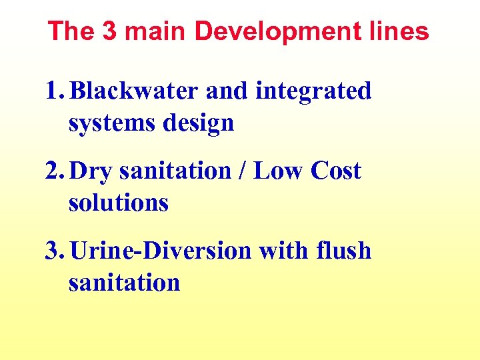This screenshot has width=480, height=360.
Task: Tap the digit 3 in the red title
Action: point(109,31)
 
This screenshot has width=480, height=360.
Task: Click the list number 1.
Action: point(54,91)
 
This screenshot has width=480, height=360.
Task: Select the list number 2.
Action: point(54,171)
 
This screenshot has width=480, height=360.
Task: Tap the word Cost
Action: point(335,171)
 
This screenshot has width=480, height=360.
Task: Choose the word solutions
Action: point(118,203)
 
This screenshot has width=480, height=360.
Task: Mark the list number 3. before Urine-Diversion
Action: point(54,251)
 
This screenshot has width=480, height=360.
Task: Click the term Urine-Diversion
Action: point(161,251)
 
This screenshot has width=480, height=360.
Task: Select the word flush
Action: point(344,251)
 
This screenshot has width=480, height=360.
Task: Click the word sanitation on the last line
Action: point(124,283)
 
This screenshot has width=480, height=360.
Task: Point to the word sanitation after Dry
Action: point(175,171)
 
